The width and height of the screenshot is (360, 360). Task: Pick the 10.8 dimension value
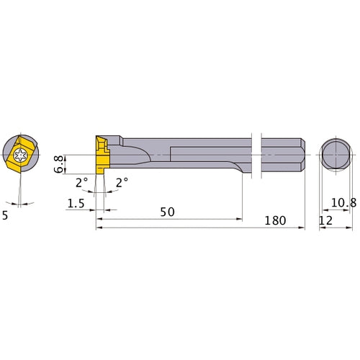(x=341, y=205)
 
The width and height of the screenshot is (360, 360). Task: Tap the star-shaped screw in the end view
(x=21, y=153)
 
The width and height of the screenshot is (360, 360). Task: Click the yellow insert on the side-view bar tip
(x=99, y=152)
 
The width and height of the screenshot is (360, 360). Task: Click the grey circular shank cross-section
(x=334, y=153)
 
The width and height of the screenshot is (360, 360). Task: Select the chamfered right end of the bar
(x=303, y=153)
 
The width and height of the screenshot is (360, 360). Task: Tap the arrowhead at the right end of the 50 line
(x=242, y=211)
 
